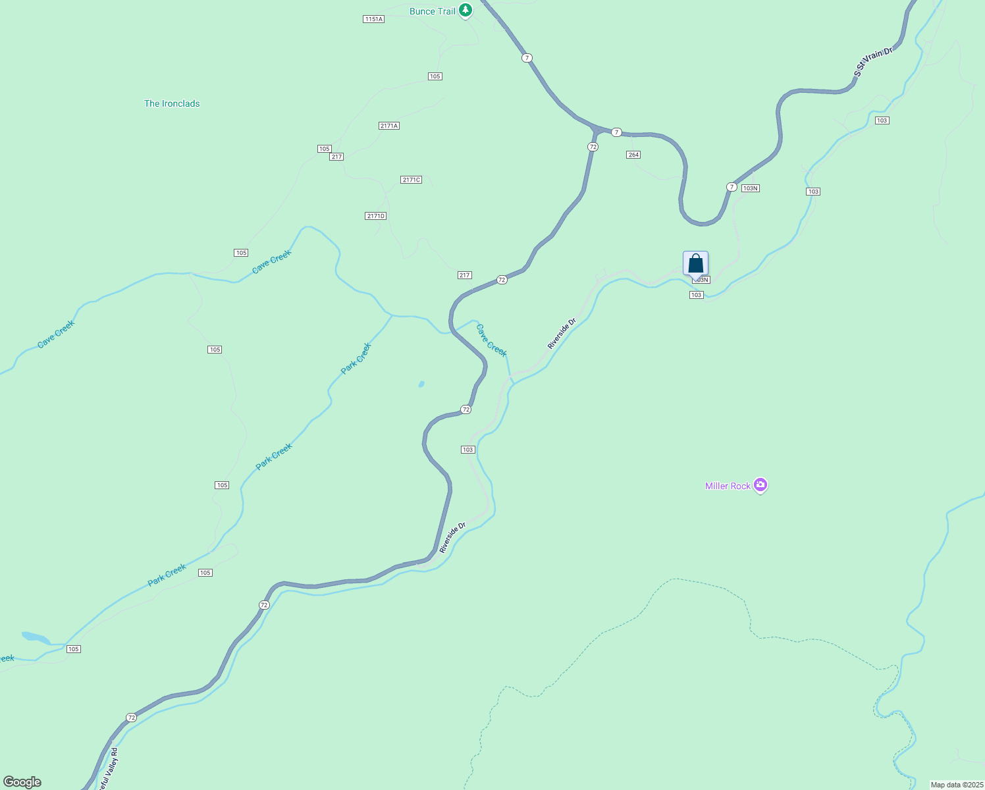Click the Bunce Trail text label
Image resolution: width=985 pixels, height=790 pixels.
coord(432,11)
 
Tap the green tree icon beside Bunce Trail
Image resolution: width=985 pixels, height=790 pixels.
coord(466,10)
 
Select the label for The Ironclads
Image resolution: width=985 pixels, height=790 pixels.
coord(172,103)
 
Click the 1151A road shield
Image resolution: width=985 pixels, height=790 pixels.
coord(373,19)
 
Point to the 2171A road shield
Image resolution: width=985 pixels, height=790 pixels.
coord(389,126)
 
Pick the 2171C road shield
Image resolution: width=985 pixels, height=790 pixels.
coord(411,180)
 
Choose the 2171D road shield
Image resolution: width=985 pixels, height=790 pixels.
coord(375,216)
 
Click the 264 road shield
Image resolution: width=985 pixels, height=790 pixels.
coord(633,155)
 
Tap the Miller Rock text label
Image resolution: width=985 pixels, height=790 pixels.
coord(728,486)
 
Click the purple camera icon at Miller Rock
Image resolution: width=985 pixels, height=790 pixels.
coord(760,485)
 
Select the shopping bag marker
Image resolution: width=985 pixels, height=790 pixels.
coord(695,264)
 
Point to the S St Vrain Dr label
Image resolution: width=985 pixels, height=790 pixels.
coord(873,62)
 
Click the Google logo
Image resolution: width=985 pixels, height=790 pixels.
coord(22,782)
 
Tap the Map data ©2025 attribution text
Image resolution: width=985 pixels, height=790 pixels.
coord(956,785)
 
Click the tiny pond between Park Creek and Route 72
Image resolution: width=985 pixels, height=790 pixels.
coord(421,384)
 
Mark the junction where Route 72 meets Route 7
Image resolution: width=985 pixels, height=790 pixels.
coord(597,129)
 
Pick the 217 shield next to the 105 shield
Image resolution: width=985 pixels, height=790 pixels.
coord(336,157)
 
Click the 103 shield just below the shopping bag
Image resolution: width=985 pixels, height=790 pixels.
coord(697,295)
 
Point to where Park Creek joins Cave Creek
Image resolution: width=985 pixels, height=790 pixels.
coord(392,315)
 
